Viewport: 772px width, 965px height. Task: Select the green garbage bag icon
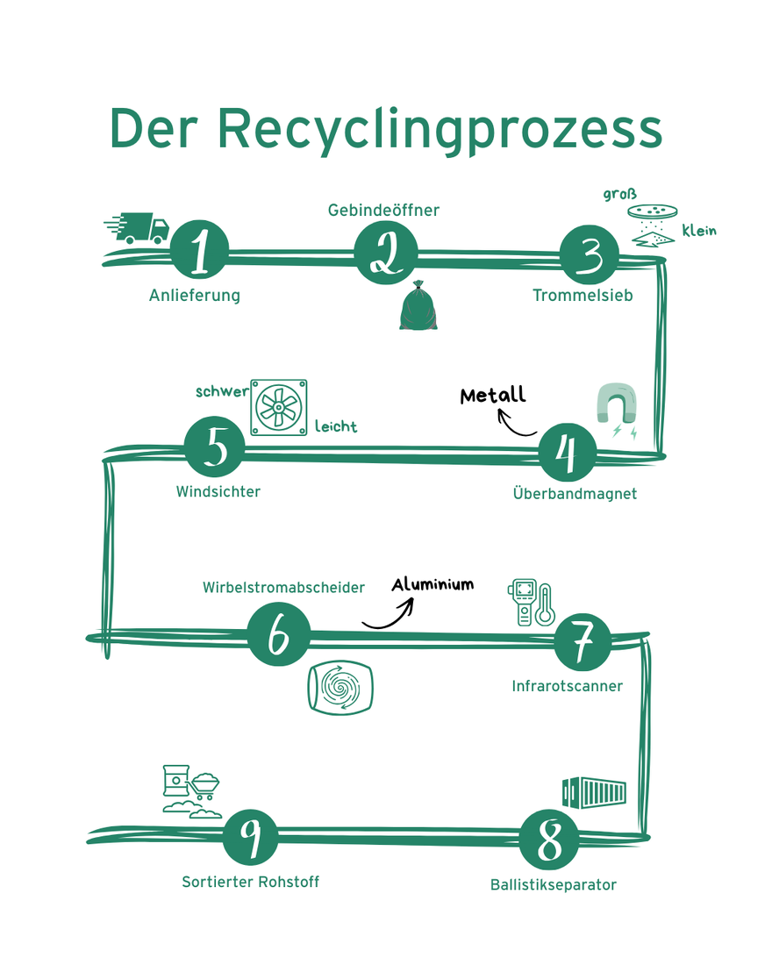pos(418,306)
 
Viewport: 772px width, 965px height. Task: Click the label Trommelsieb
pos(583,296)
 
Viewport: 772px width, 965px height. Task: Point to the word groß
pos(619,194)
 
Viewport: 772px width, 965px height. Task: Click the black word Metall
pos(493,395)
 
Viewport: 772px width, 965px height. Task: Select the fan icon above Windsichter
pos(279,407)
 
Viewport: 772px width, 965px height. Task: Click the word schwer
pos(222,391)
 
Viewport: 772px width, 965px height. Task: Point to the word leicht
pos(336,427)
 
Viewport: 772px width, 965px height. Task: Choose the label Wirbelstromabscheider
pos(283,588)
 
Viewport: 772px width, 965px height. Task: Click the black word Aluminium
pos(432,584)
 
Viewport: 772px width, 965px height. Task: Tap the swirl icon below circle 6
pos(340,686)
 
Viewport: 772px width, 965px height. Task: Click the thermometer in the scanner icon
pos(546,604)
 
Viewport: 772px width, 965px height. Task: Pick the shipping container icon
pos(594,792)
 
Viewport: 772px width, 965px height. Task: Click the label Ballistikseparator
pos(553,884)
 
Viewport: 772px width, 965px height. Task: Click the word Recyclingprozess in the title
pos(439,129)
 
